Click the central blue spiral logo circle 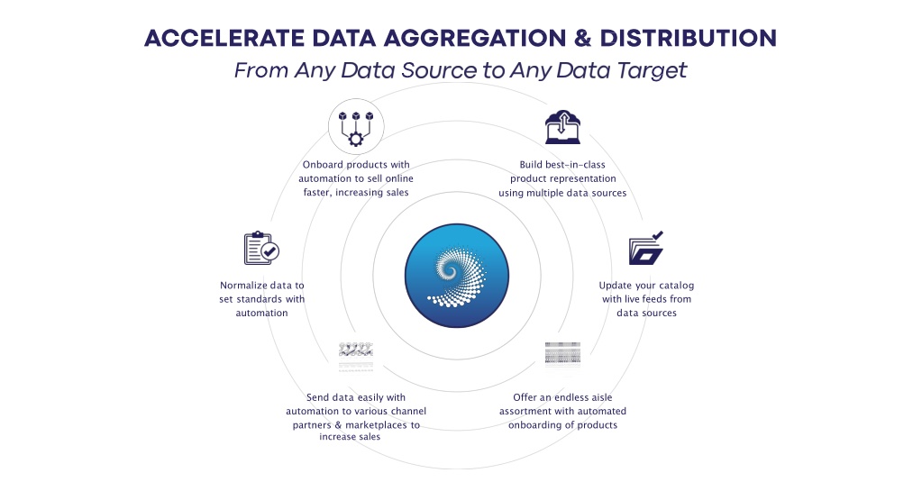pos(457,275)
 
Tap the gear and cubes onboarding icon pos(356,126)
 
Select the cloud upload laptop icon pos(562,127)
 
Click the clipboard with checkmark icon pos(261,248)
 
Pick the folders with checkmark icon pos(646,248)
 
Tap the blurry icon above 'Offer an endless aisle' pos(562,354)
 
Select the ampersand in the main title pos(582,38)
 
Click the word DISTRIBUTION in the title pos(688,38)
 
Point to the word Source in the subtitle pos(439,70)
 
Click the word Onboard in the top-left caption pos(323,165)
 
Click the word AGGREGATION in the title pos(475,38)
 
